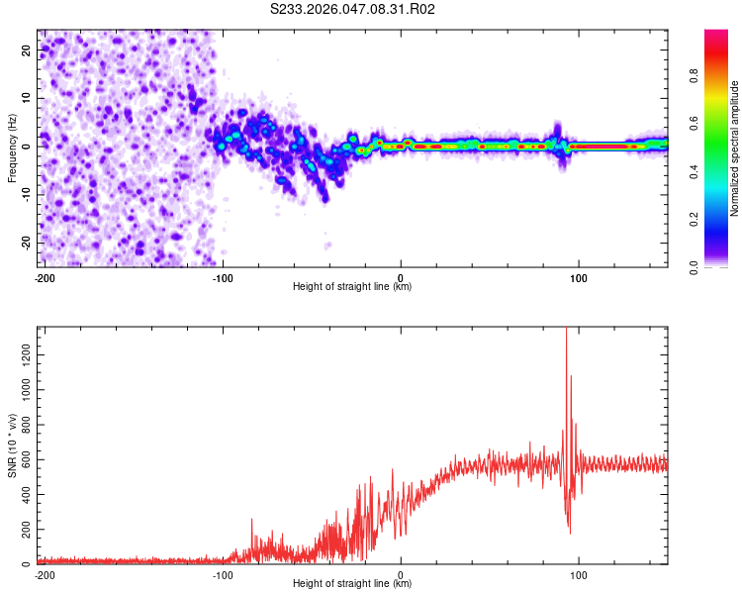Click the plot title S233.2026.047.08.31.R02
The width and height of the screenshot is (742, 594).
[x=353, y=9]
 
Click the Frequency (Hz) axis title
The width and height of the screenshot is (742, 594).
[x=12, y=148]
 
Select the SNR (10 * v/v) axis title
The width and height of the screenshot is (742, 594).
[x=12, y=446]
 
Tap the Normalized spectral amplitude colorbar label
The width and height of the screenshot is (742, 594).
[x=734, y=148]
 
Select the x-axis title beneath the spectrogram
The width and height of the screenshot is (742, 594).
[x=352, y=287]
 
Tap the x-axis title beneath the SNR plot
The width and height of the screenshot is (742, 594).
[x=352, y=584]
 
